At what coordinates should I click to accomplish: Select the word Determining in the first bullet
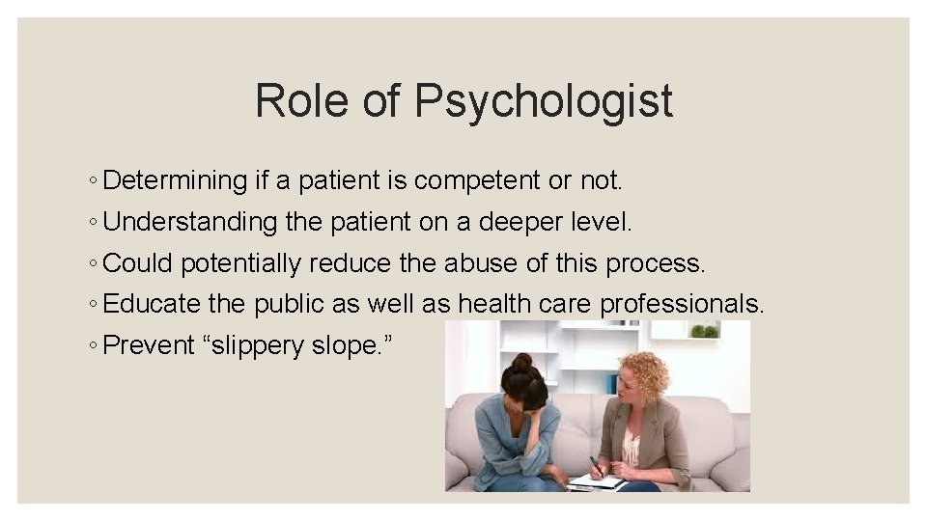point(175,180)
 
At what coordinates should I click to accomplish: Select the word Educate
point(152,304)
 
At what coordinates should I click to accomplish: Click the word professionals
point(682,305)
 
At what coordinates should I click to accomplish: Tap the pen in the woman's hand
point(596,466)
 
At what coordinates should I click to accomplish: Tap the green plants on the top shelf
point(705,331)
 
